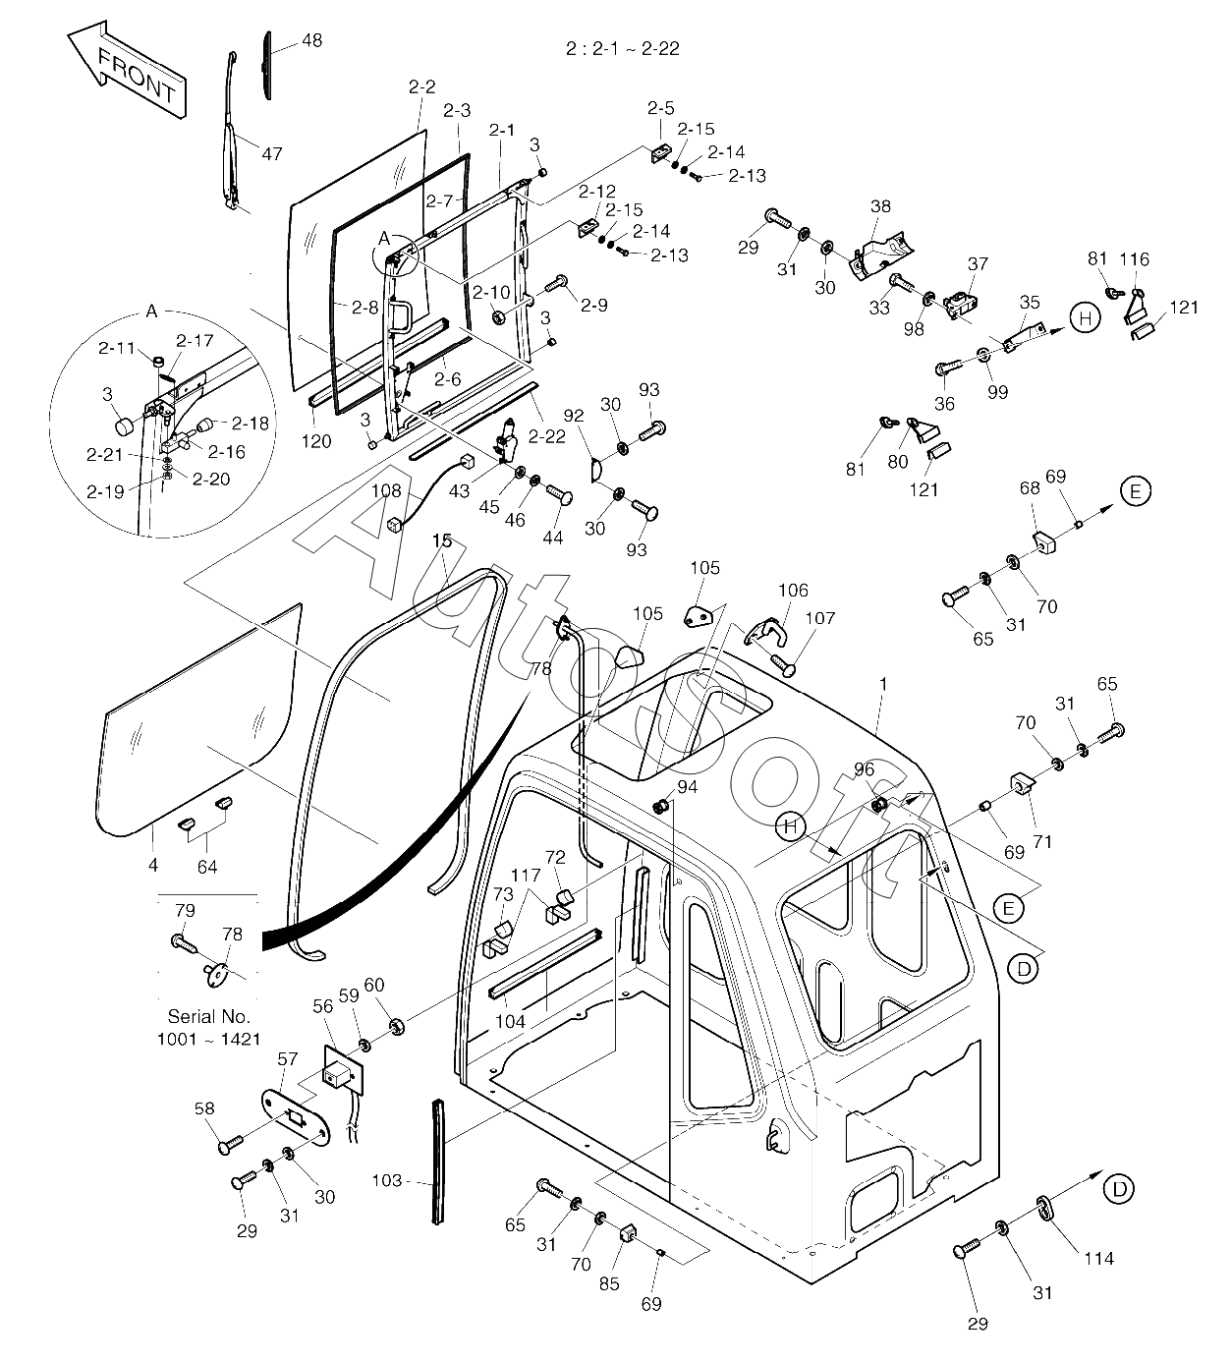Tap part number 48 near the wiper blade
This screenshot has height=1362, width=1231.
[x=311, y=41]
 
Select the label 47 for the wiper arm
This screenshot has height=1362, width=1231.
[x=271, y=154]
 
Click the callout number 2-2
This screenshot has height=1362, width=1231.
[x=421, y=86]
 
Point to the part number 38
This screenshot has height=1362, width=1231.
[x=881, y=206]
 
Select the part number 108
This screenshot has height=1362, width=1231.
[x=386, y=490]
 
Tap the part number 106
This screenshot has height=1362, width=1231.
[x=793, y=591]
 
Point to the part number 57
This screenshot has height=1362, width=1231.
[x=287, y=1059]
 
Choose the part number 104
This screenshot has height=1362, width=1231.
[x=510, y=1021]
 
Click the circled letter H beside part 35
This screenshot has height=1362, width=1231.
[x=1085, y=318]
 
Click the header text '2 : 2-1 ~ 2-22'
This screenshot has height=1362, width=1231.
[x=623, y=48]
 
